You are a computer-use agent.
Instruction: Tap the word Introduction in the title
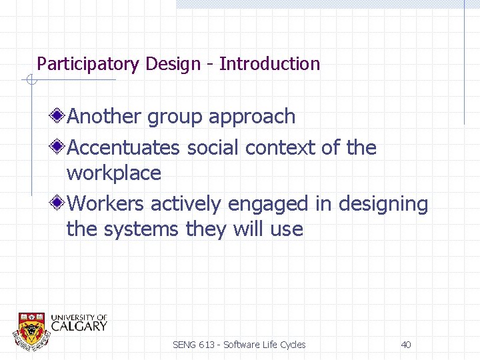click(270, 64)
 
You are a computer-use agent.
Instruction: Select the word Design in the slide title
click(173, 64)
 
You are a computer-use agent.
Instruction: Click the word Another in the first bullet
click(105, 117)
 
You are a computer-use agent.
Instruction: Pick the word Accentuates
click(124, 147)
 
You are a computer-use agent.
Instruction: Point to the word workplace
click(114, 173)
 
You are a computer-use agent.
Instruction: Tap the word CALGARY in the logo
click(79, 326)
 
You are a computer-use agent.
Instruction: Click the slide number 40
click(405, 345)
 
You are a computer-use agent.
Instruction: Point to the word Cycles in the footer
click(292, 345)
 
